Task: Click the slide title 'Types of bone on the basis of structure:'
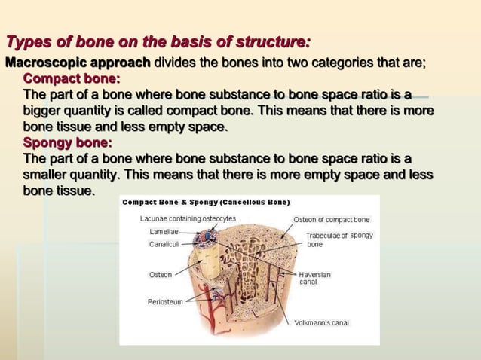click(158, 41)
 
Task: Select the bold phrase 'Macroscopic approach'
click(78, 62)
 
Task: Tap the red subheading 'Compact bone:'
click(72, 78)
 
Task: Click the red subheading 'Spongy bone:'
click(68, 142)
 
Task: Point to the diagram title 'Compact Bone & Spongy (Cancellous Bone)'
click(206, 203)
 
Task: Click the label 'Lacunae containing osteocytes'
click(188, 219)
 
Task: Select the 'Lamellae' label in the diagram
click(164, 232)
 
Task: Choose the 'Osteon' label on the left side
click(160, 275)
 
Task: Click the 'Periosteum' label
click(165, 302)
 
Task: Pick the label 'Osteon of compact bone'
click(331, 220)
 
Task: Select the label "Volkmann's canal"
click(321, 323)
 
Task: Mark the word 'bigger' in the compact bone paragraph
click(46, 111)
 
